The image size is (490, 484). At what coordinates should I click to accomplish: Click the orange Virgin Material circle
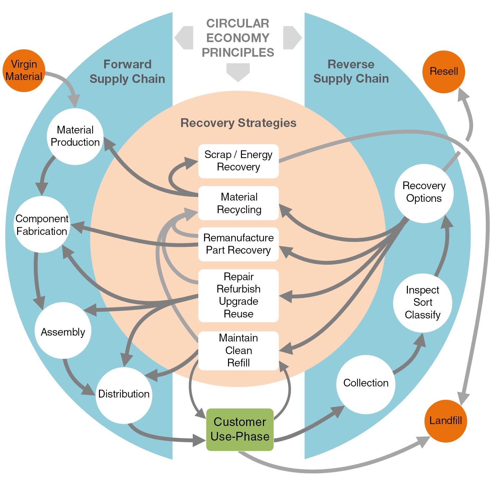(24, 70)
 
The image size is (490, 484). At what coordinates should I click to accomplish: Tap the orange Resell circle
(443, 71)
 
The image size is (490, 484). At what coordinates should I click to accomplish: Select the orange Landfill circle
(445, 421)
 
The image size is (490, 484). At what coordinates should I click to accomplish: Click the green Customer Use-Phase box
(240, 429)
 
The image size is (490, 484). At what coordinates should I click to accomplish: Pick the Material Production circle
(75, 136)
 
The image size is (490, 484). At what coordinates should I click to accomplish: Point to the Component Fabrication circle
(42, 225)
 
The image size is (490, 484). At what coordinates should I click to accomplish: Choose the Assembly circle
(63, 332)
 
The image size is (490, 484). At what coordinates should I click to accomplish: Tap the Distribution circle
(124, 394)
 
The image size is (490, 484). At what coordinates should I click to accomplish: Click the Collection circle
(365, 383)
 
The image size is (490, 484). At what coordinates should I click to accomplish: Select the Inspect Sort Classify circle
(422, 302)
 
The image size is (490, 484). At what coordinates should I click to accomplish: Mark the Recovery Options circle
(424, 192)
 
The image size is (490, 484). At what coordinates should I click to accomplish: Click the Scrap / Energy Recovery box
(238, 161)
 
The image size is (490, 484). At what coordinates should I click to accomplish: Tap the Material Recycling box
(238, 203)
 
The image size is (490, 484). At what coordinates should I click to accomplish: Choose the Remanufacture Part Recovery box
(238, 244)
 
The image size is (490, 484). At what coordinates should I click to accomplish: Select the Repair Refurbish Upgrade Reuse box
(238, 295)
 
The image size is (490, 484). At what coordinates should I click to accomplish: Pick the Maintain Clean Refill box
(238, 351)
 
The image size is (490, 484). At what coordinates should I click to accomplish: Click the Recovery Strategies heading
(238, 123)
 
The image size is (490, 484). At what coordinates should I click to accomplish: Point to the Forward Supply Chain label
(127, 72)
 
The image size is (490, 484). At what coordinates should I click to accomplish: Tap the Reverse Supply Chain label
(351, 71)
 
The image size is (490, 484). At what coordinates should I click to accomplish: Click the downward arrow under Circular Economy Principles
(238, 72)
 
